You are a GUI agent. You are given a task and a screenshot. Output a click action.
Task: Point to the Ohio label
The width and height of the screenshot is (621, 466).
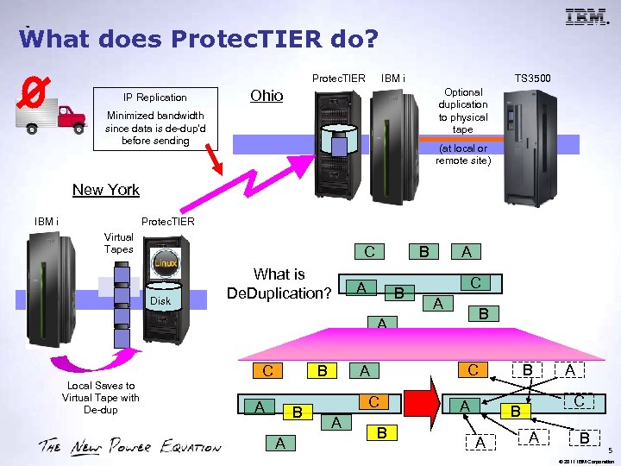pyautogui.click(x=266, y=96)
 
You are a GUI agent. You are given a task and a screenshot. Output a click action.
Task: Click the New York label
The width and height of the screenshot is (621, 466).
pyautogui.click(x=106, y=190)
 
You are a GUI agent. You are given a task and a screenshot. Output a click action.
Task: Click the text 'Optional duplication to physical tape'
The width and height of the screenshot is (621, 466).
pyautogui.click(x=463, y=110)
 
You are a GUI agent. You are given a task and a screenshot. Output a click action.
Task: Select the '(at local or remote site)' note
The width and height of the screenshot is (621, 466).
pyautogui.click(x=463, y=154)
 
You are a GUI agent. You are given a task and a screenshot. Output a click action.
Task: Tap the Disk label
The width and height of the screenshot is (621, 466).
pyautogui.click(x=160, y=301)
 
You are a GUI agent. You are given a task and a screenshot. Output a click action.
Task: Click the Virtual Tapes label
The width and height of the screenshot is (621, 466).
pyautogui.click(x=118, y=243)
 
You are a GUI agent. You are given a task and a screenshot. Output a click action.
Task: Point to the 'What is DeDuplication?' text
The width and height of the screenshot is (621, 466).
pyautogui.click(x=279, y=284)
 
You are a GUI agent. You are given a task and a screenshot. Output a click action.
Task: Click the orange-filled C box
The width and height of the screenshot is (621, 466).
pyautogui.click(x=268, y=372)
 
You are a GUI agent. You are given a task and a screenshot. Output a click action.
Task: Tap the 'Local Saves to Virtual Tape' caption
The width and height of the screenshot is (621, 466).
pyautogui.click(x=100, y=398)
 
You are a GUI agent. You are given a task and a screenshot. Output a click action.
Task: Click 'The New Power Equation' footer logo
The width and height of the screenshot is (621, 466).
pyautogui.click(x=129, y=446)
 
